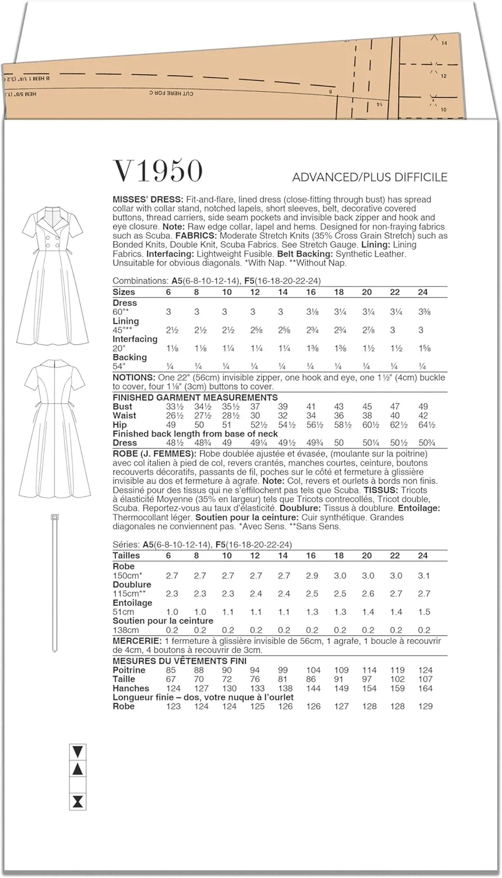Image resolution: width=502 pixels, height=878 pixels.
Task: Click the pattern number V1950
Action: coord(157,171)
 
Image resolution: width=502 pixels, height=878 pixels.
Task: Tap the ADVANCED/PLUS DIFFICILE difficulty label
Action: coord(369,177)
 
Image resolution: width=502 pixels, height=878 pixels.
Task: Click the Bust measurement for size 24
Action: coord(423,406)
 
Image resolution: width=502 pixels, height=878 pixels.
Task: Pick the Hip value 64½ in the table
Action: coord(423,424)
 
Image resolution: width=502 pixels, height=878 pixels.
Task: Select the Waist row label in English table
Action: coord(125,416)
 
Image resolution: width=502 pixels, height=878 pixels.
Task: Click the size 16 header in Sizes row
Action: coord(311,291)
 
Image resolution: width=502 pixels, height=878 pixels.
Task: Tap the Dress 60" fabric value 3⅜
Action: coord(423,312)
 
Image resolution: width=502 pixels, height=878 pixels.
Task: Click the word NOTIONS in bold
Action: coord(134,378)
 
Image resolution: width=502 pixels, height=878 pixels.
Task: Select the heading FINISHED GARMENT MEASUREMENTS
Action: coord(195,397)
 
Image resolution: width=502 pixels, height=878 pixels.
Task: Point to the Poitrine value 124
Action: coord(425,670)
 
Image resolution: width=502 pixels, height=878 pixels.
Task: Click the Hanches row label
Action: coord(130,688)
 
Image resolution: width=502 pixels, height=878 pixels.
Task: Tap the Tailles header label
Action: coord(126,555)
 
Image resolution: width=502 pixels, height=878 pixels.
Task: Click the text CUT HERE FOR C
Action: coord(171,93)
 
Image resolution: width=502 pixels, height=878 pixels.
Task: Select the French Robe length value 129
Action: coord(425,706)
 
